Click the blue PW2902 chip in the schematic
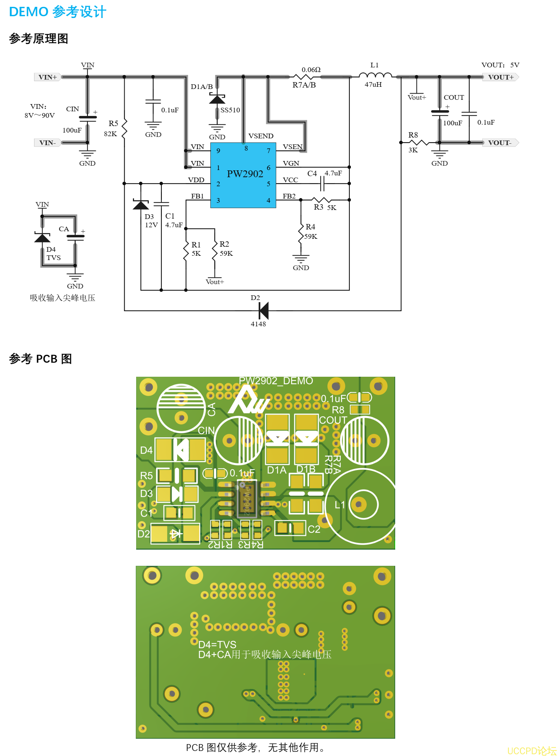pos(243,175)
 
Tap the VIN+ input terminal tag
pos(48,77)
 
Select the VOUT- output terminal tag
pos(500,143)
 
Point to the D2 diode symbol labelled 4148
pos(264,310)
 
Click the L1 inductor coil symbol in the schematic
pos(375,75)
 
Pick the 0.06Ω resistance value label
pos(311,70)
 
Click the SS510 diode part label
pos(230,110)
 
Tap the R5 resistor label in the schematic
pos(113,124)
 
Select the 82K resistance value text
pos(110,134)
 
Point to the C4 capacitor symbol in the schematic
pos(322,184)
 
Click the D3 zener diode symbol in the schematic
pos(140,205)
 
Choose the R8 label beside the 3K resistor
pos(413,135)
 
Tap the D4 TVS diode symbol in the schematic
pos(42,238)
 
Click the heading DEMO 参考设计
pos(58,12)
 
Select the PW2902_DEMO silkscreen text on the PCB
pos(276,381)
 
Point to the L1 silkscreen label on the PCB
pos(340,505)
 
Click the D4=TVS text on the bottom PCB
pos(217,644)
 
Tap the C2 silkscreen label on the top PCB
pos(314,529)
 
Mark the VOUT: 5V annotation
pos(500,65)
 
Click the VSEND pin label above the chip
pos(261,136)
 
